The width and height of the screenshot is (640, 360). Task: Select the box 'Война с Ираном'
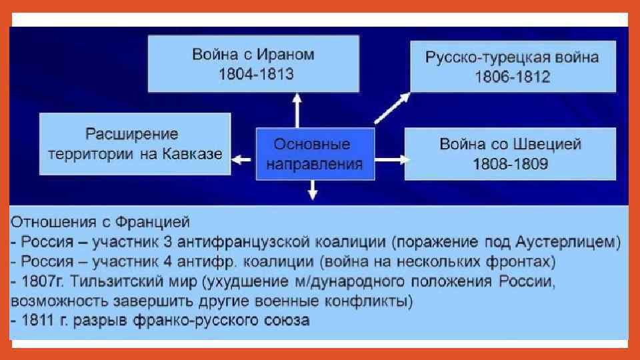[x=253, y=63]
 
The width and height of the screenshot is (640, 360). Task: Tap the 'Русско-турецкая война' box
[x=512, y=66]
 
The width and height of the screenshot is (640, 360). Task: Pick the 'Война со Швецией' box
[x=511, y=153]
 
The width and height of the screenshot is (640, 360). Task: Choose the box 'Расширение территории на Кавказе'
[x=135, y=144]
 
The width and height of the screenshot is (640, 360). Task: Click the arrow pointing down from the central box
[x=312, y=191]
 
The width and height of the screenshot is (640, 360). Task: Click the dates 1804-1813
[x=256, y=74]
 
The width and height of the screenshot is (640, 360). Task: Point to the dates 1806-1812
[x=512, y=77]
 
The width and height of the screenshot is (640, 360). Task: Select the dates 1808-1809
[x=511, y=164]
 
